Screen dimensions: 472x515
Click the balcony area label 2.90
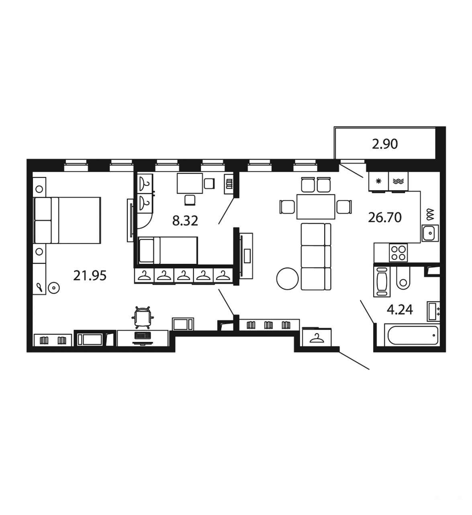pyautogui.click(x=384, y=144)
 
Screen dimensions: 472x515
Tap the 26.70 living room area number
pyautogui.click(x=384, y=217)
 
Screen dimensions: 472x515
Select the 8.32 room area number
pyautogui.click(x=185, y=221)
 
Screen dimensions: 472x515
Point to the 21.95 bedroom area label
pyautogui.click(x=90, y=276)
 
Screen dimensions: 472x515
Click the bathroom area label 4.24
pyautogui.click(x=399, y=310)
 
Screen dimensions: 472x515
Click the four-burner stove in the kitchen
pyautogui.click(x=398, y=252)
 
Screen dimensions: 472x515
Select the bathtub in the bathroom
pyautogui.click(x=412, y=336)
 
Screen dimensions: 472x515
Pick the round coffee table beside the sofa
pyautogui.click(x=287, y=278)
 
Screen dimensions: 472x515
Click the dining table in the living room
pyautogui.click(x=316, y=207)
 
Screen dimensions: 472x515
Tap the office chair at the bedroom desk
pyautogui.click(x=142, y=317)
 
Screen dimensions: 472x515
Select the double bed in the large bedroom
pyautogui.click(x=67, y=220)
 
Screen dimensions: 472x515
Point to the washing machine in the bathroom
pyautogui.click(x=382, y=282)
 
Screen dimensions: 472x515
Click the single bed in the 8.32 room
pyautogui.click(x=168, y=250)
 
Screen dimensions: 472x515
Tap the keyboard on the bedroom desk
pyautogui.click(x=142, y=334)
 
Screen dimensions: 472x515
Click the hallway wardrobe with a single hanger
pyautogui.click(x=317, y=337)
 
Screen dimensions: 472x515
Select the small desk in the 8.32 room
pyautogui.click(x=190, y=183)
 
